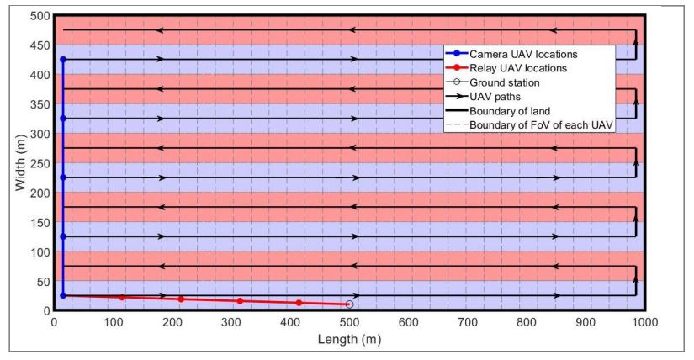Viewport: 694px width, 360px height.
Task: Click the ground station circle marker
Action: click(x=350, y=304)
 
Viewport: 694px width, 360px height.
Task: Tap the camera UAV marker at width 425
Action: click(x=63, y=59)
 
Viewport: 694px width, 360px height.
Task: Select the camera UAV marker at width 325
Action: click(x=63, y=118)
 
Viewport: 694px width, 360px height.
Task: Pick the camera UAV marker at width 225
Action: click(x=63, y=177)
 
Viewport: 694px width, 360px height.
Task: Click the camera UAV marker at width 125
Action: click(x=63, y=236)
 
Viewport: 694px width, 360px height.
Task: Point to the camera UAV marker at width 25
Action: click(x=63, y=295)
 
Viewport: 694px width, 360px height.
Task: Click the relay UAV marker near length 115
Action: click(x=122, y=297)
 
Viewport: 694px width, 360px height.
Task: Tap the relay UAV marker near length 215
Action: click(x=181, y=299)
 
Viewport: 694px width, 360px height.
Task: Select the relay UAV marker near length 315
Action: click(x=240, y=300)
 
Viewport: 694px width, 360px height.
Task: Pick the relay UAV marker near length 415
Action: click(x=299, y=302)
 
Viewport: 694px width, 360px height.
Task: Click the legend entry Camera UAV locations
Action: click(x=529, y=53)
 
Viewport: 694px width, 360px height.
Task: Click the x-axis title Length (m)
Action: click(x=349, y=339)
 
